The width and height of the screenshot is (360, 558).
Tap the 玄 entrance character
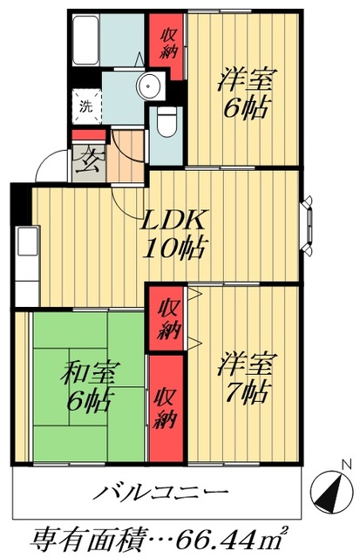(88, 162)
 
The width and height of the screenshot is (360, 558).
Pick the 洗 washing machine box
(85, 108)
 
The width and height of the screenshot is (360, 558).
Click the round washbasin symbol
(151, 85)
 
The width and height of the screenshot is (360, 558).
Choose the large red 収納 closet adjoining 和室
(166, 409)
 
